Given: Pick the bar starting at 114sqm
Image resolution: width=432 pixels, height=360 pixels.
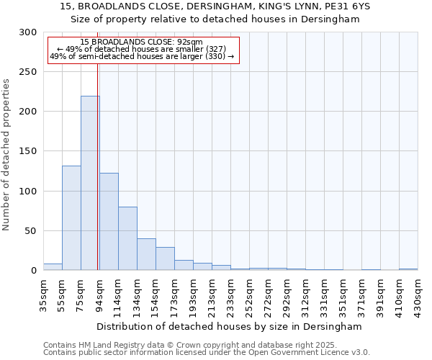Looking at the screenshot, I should pos(127,238).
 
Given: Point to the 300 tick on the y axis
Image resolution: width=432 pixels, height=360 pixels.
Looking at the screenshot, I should pos(28,32).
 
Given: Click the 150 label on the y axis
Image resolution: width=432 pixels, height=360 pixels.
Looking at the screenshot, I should pos(28,152).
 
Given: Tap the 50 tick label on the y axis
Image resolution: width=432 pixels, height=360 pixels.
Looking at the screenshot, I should pos(31,231).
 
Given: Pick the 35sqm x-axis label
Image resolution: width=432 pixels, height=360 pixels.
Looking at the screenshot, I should pos(44,292).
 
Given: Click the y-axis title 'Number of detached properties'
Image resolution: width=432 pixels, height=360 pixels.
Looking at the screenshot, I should pos(7,155).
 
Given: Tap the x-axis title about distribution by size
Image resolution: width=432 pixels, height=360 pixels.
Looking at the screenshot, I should pos(229,326).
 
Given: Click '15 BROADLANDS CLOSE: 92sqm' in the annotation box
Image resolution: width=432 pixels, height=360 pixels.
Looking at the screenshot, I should pos(141,42).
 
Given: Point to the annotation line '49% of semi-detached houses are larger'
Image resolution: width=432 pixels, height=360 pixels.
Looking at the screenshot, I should pos(141,55).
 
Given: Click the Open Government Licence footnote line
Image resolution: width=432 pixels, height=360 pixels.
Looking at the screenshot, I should pos(207,352).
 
